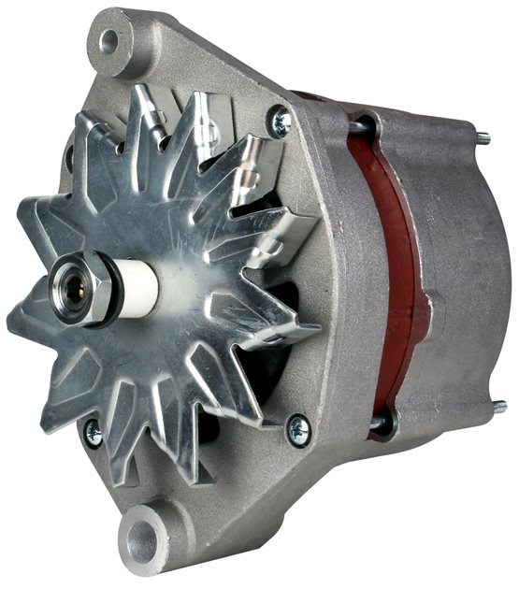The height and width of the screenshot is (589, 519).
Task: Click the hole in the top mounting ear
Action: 109,40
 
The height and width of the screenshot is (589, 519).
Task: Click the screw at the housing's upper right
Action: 279,121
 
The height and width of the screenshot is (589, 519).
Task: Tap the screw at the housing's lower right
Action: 298,429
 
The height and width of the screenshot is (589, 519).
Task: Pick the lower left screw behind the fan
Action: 94,432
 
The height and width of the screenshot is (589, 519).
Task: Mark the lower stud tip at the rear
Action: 498,407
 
